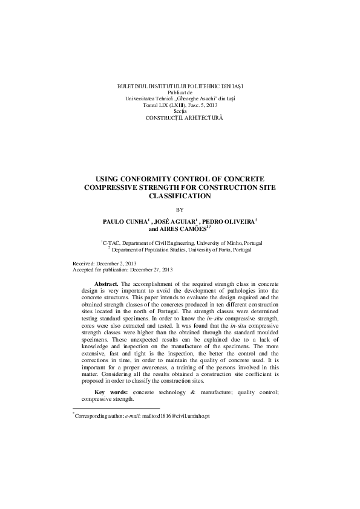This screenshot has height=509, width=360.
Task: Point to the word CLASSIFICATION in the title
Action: tap(179, 196)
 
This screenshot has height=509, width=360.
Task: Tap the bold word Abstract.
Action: tap(107, 283)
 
